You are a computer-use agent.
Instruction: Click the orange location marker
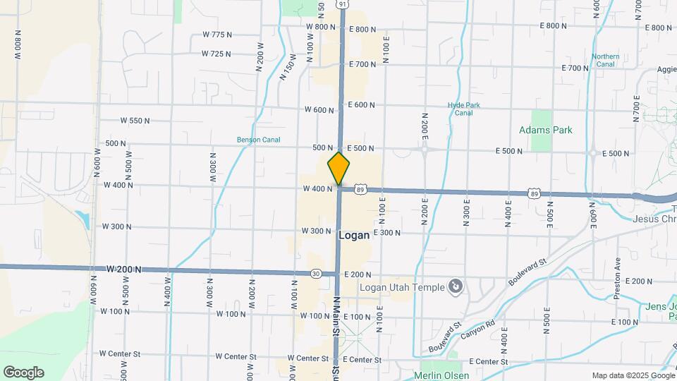pyautogui.click(x=338, y=169)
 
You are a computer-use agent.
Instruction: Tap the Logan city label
pyautogui.click(x=354, y=236)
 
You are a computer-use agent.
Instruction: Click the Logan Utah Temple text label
pyautogui.click(x=402, y=286)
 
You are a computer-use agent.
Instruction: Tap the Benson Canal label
pyautogui.click(x=258, y=140)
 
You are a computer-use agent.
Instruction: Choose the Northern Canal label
pyautogui.click(x=606, y=60)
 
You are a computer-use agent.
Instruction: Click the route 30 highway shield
pyautogui.click(x=315, y=273)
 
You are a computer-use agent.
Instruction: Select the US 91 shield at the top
pyautogui.click(x=342, y=4)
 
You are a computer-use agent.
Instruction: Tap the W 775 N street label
pyautogui.click(x=216, y=35)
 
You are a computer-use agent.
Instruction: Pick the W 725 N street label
pyautogui.click(x=216, y=54)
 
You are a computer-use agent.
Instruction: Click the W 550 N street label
pyautogui.click(x=135, y=121)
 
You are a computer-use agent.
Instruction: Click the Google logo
pyautogui.click(x=23, y=373)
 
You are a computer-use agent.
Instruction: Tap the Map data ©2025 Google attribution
pyautogui.click(x=633, y=375)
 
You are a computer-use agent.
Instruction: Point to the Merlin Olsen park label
pyautogui.click(x=441, y=375)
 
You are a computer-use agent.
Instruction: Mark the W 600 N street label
pyautogui.click(x=319, y=109)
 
